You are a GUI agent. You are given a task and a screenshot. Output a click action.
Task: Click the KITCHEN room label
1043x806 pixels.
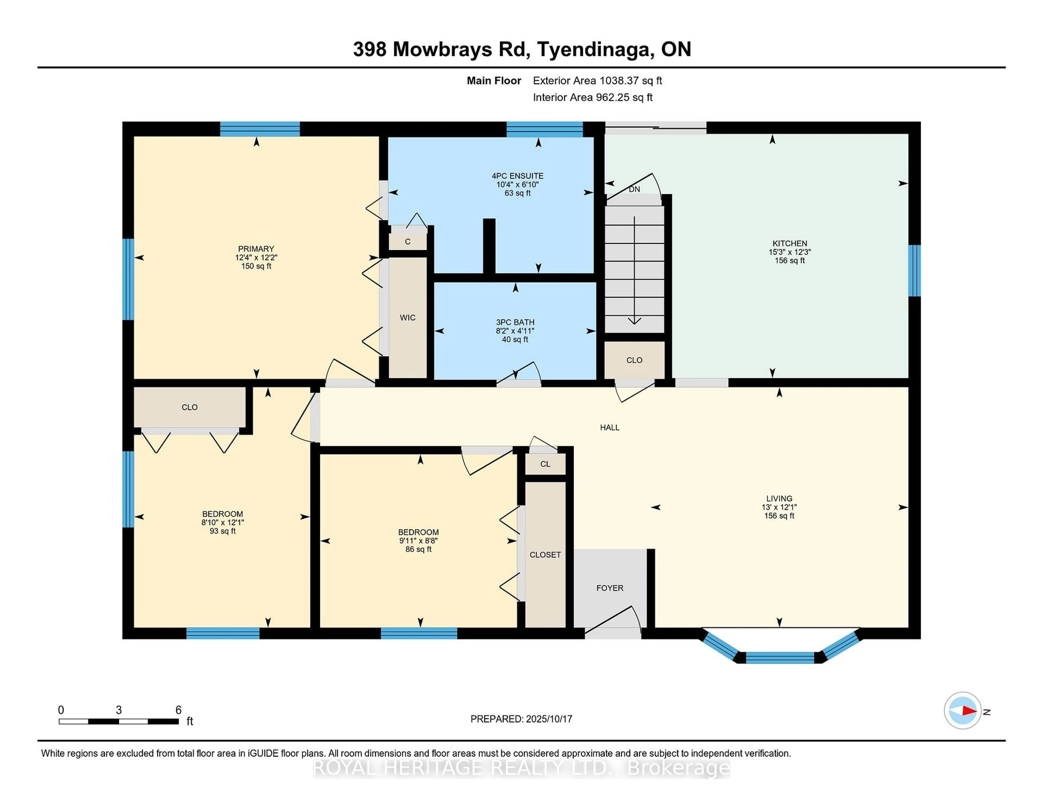(x=790, y=244)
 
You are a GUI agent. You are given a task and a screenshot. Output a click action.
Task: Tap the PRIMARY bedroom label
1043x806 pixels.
(x=256, y=249)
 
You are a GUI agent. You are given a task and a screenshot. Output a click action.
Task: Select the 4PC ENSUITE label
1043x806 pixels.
(x=518, y=176)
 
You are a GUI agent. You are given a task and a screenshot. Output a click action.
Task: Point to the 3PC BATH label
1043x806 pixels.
(x=515, y=322)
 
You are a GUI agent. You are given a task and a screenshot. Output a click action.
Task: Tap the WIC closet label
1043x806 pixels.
(x=407, y=317)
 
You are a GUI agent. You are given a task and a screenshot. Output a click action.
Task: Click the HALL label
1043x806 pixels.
(x=610, y=427)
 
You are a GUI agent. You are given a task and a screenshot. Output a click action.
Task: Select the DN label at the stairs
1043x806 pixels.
(x=634, y=189)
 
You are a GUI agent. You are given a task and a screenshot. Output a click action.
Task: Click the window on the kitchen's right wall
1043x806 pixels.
(x=914, y=271)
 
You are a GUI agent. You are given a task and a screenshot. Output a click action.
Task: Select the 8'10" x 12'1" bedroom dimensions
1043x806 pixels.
(x=222, y=523)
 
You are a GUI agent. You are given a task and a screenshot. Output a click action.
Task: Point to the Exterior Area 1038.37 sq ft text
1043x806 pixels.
(x=598, y=81)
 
